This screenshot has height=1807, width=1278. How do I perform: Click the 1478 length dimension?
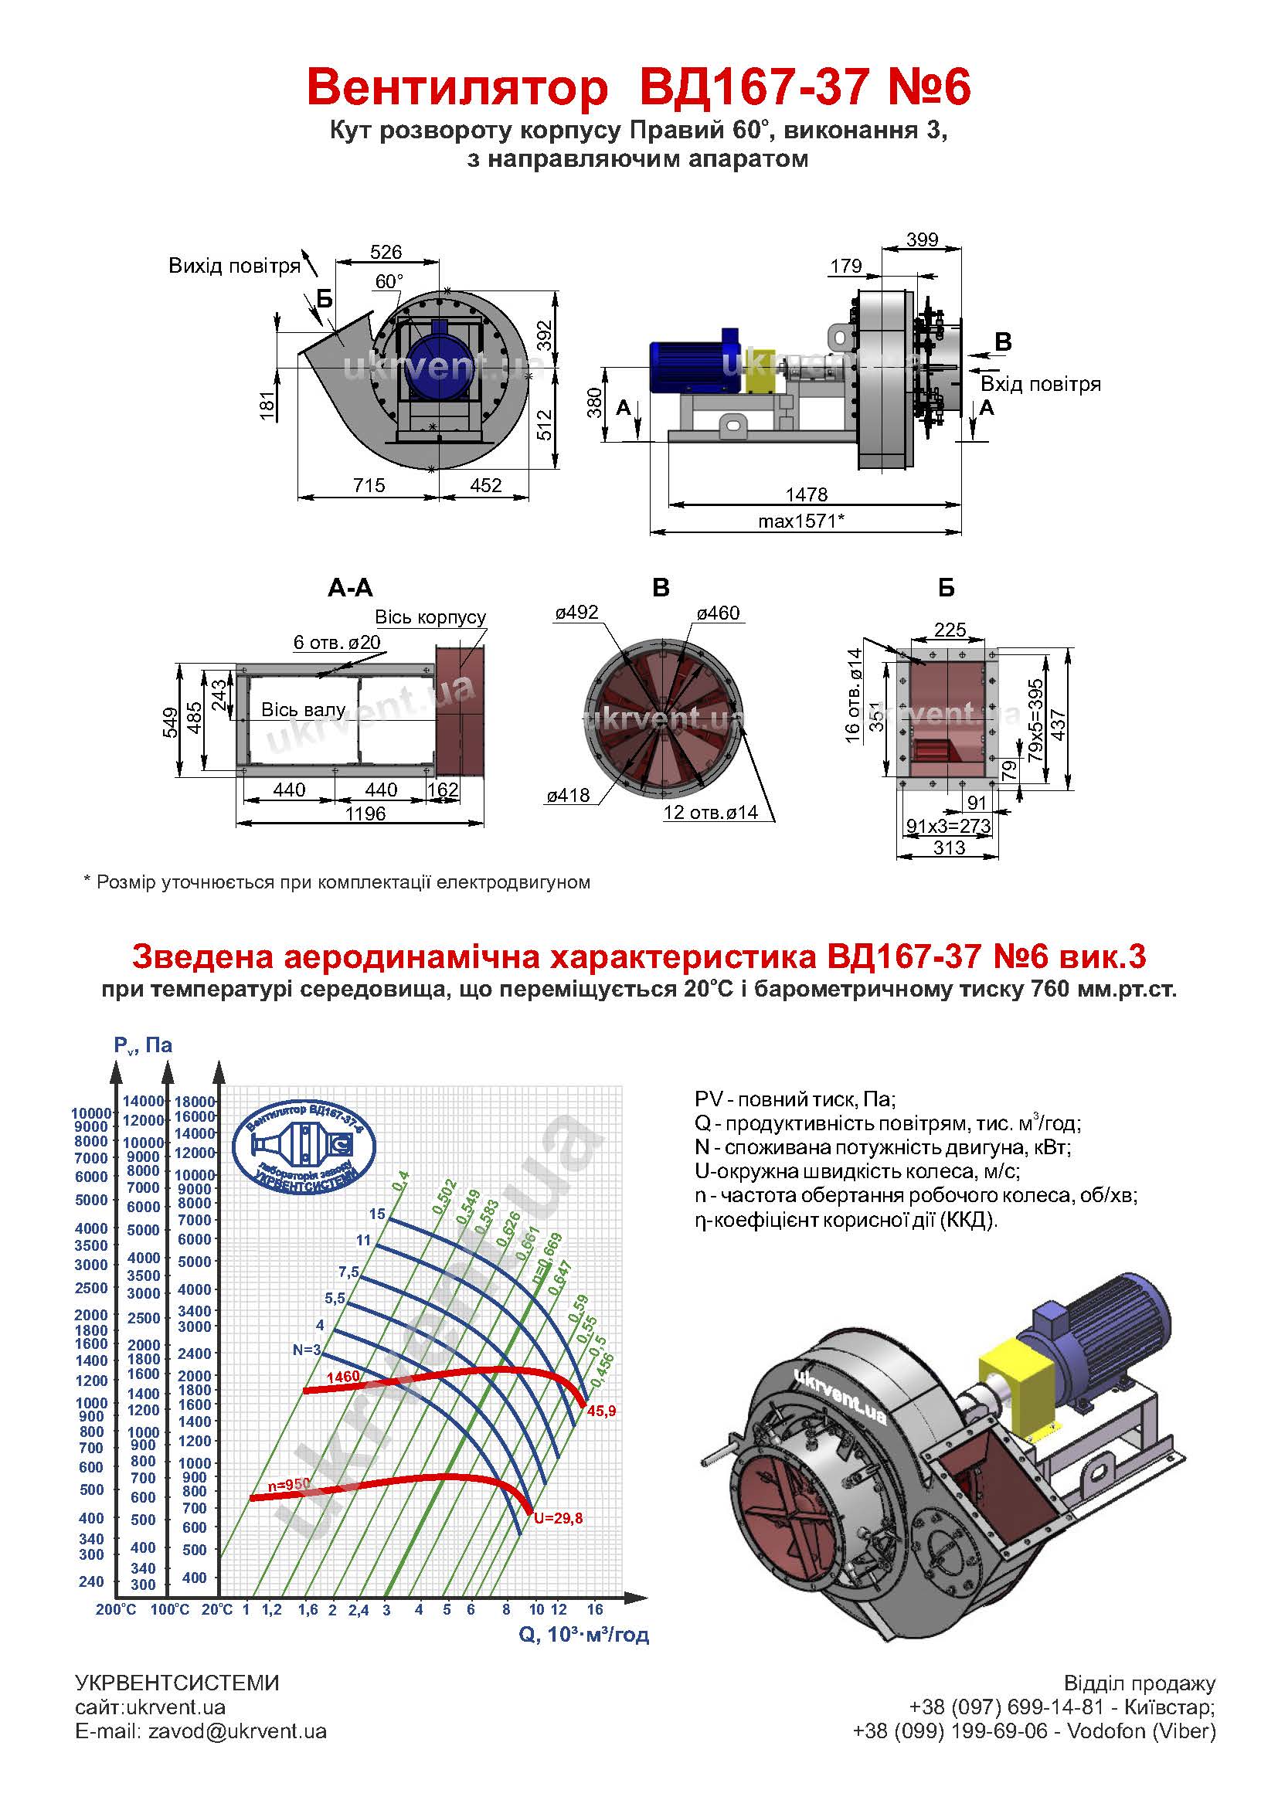[807, 494]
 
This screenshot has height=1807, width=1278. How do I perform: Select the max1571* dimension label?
[801, 520]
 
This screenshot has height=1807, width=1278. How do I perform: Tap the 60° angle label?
[389, 282]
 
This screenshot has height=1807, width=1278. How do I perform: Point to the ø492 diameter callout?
[577, 613]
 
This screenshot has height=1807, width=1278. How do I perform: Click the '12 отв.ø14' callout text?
[711, 812]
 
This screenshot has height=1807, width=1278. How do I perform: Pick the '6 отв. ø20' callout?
[337, 642]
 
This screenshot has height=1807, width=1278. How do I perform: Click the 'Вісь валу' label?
[303, 710]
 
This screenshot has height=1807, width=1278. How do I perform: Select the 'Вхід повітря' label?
[1040, 384]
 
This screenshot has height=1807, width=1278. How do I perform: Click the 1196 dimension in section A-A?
[365, 813]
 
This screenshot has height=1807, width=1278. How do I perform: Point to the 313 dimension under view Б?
[949, 847]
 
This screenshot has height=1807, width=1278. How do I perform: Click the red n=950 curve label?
[289, 1484]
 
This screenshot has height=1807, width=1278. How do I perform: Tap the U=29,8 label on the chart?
[558, 1518]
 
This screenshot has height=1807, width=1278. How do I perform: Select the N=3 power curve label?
[307, 1350]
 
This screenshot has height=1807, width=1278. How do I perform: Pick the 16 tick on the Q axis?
[595, 1609]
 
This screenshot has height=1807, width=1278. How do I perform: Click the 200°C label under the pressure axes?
[116, 1609]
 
